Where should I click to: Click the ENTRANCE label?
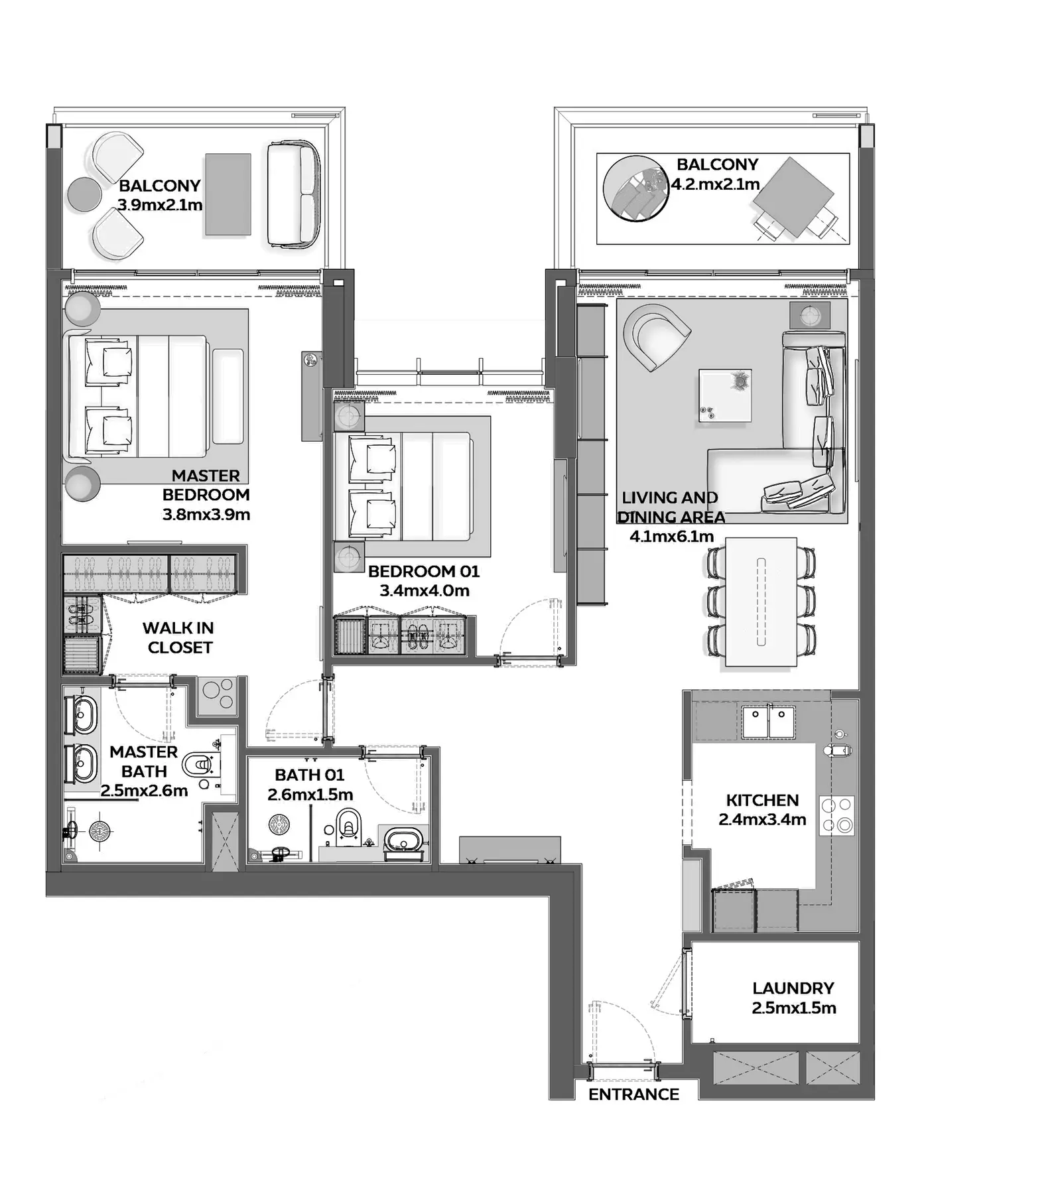click(633, 1094)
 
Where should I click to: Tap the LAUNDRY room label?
click(793, 988)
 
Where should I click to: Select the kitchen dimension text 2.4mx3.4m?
click(762, 820)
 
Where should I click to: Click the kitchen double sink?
click(768, 722)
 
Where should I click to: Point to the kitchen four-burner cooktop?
click(838, 815)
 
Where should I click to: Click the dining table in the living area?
click(761, 602)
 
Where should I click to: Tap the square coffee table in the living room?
click(725, 395)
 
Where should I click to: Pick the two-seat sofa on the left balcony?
click(293, 194)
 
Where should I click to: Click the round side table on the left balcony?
click(85, 194)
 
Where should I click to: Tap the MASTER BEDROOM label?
click(206, 485)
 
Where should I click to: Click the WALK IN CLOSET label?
click(178, 637)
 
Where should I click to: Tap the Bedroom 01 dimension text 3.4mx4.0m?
click(425, 590)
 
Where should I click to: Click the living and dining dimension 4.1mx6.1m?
click(671, 536)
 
